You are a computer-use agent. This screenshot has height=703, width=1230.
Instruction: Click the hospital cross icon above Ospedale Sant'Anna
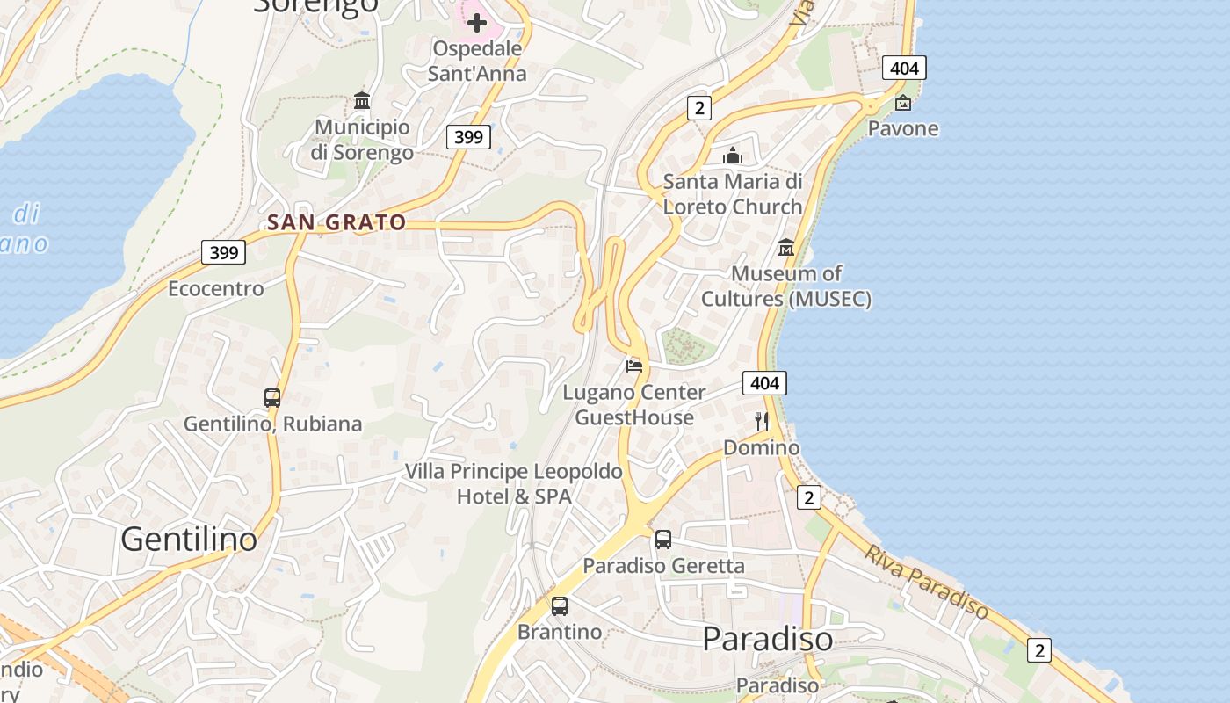[x=477, y=22]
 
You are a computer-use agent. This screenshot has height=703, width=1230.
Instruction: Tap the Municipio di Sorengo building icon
[x=362, y=100]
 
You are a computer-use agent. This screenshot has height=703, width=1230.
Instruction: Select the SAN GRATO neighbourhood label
[x=337, y=222]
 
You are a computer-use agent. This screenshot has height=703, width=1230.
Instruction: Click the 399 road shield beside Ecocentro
[x=224, y=253]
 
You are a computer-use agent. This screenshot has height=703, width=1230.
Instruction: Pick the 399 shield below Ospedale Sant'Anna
[x=468, y=136]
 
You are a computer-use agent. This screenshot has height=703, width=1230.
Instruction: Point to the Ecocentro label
[x=216, y=288]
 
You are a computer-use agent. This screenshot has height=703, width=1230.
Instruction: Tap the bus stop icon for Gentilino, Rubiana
[x=272, y=397]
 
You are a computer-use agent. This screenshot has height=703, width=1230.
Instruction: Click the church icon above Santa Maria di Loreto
[x=733, y=156]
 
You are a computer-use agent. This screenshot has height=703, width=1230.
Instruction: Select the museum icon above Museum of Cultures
[x=786, y=248]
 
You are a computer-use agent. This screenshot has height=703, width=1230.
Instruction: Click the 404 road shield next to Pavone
[x=904, y=68]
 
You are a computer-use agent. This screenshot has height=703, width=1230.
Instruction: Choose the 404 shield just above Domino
[x=764, y=383]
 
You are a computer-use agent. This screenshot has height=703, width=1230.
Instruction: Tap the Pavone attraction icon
[x=903, y=104]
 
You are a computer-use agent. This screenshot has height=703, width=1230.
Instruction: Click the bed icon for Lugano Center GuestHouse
[x=634, y=366]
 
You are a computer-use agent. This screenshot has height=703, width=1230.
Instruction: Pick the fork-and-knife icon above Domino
[x=762, y=422]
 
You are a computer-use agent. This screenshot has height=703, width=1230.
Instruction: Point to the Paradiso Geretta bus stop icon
[x=663, y=540]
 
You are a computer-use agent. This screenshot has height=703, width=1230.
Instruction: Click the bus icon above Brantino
[x=560, y=605]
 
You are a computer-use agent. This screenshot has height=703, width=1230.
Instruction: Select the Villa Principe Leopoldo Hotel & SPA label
[x=514, y=484]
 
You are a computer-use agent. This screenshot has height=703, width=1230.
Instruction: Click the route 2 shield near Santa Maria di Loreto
[x=698, y=108]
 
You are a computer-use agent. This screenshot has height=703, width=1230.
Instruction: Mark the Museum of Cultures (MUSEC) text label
[x=786, y=286]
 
